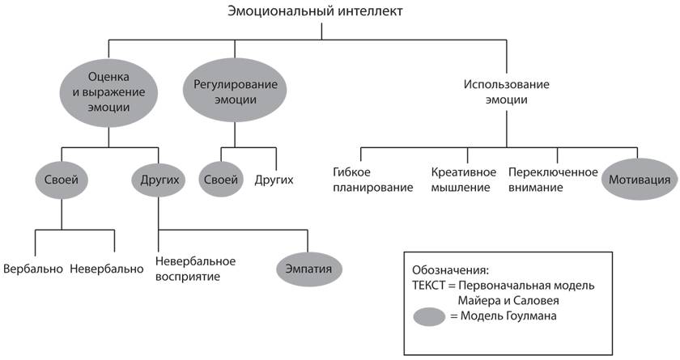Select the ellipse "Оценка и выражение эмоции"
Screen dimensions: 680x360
point(108,92)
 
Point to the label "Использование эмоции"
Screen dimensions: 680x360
point(507,92)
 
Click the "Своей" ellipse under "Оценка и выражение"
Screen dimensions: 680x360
point(62,180)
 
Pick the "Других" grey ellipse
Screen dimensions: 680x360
point(159,180)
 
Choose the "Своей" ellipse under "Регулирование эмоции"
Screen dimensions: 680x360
point(221,180)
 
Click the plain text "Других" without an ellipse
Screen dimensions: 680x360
point(274,180)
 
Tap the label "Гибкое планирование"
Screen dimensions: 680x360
point(373,180)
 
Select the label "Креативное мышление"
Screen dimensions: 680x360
point(464,180)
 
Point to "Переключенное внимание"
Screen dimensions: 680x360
point(553,180)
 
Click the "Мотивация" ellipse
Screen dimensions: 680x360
point(640,180)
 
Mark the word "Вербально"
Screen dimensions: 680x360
point(33,269)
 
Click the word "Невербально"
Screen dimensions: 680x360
point(107,269)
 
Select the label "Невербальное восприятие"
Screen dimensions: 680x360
point(195,269)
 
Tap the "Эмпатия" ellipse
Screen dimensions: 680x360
point(308,269)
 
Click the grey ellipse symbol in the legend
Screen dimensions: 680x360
point(429,316)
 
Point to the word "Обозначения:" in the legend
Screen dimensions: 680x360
point(450,270)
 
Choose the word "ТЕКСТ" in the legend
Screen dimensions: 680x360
point(428,286)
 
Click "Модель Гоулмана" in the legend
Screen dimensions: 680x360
point(508,316)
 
